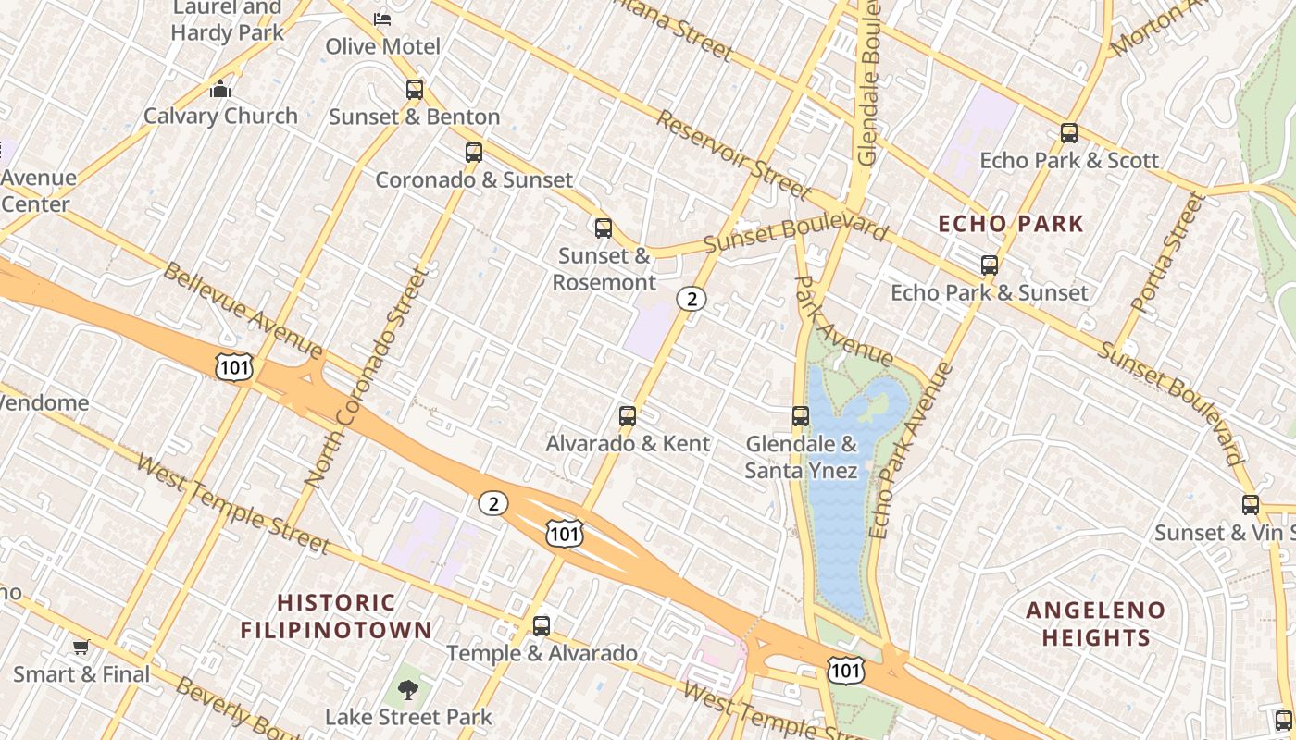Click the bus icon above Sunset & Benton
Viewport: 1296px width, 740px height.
(415, 90)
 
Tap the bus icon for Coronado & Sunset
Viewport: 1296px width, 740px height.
(474, 153)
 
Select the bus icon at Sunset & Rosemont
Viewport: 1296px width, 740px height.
(604, 228)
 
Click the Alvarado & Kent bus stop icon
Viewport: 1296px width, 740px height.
(628, 416)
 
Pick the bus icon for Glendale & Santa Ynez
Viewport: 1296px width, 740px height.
(801, 416)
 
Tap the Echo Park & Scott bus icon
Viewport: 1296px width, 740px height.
(1069, 133)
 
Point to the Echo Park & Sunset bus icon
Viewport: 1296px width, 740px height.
(990, 265)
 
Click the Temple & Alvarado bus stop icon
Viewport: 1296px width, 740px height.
(542, 626)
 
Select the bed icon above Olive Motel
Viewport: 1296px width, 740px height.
(382, 18)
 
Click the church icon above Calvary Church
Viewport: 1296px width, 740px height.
(220, 89)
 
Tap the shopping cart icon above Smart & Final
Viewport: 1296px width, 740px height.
(81, 647)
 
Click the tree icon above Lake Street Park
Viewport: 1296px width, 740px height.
(407, 689)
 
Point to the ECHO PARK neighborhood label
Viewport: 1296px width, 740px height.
(1010, 224)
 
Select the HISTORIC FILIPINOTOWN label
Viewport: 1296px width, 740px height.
(336, 616)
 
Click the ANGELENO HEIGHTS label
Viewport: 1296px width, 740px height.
(1096, 623)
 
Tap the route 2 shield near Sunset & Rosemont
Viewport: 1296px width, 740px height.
(691, 298)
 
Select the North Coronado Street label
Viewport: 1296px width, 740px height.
(368, 377)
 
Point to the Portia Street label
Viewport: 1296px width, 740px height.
(1170, 251)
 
